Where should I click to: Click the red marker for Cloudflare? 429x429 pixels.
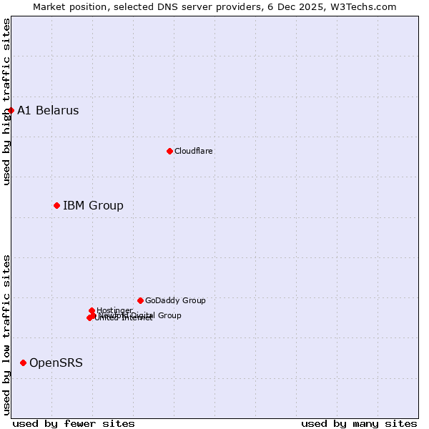[169, 151]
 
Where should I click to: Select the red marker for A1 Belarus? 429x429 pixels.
[11, 110]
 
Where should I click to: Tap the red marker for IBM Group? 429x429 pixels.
[56, 205]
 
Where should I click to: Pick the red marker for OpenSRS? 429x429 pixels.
[23, 363]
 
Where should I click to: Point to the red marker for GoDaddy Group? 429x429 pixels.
[140, 300]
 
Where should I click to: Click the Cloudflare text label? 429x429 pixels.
[193, 151]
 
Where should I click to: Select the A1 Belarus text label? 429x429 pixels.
[48, 111]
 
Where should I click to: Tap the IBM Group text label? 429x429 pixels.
[93, 206]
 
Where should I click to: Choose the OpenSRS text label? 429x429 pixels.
[56, 363]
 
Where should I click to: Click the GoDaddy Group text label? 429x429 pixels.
[175, 301]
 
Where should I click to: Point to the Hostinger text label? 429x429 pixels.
[114, 310]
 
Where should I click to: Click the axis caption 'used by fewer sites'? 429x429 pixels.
[74, 423]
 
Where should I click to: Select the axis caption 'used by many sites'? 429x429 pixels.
[359, 423]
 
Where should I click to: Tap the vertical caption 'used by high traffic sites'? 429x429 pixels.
[6, 102]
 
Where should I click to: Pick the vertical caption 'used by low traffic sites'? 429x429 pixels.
[6, 335]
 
